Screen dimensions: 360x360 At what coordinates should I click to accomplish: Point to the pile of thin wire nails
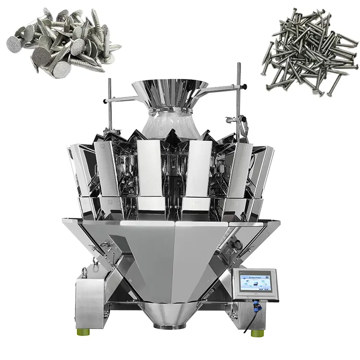click(310, 50)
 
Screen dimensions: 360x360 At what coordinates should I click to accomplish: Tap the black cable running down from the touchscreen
click(247, 319)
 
